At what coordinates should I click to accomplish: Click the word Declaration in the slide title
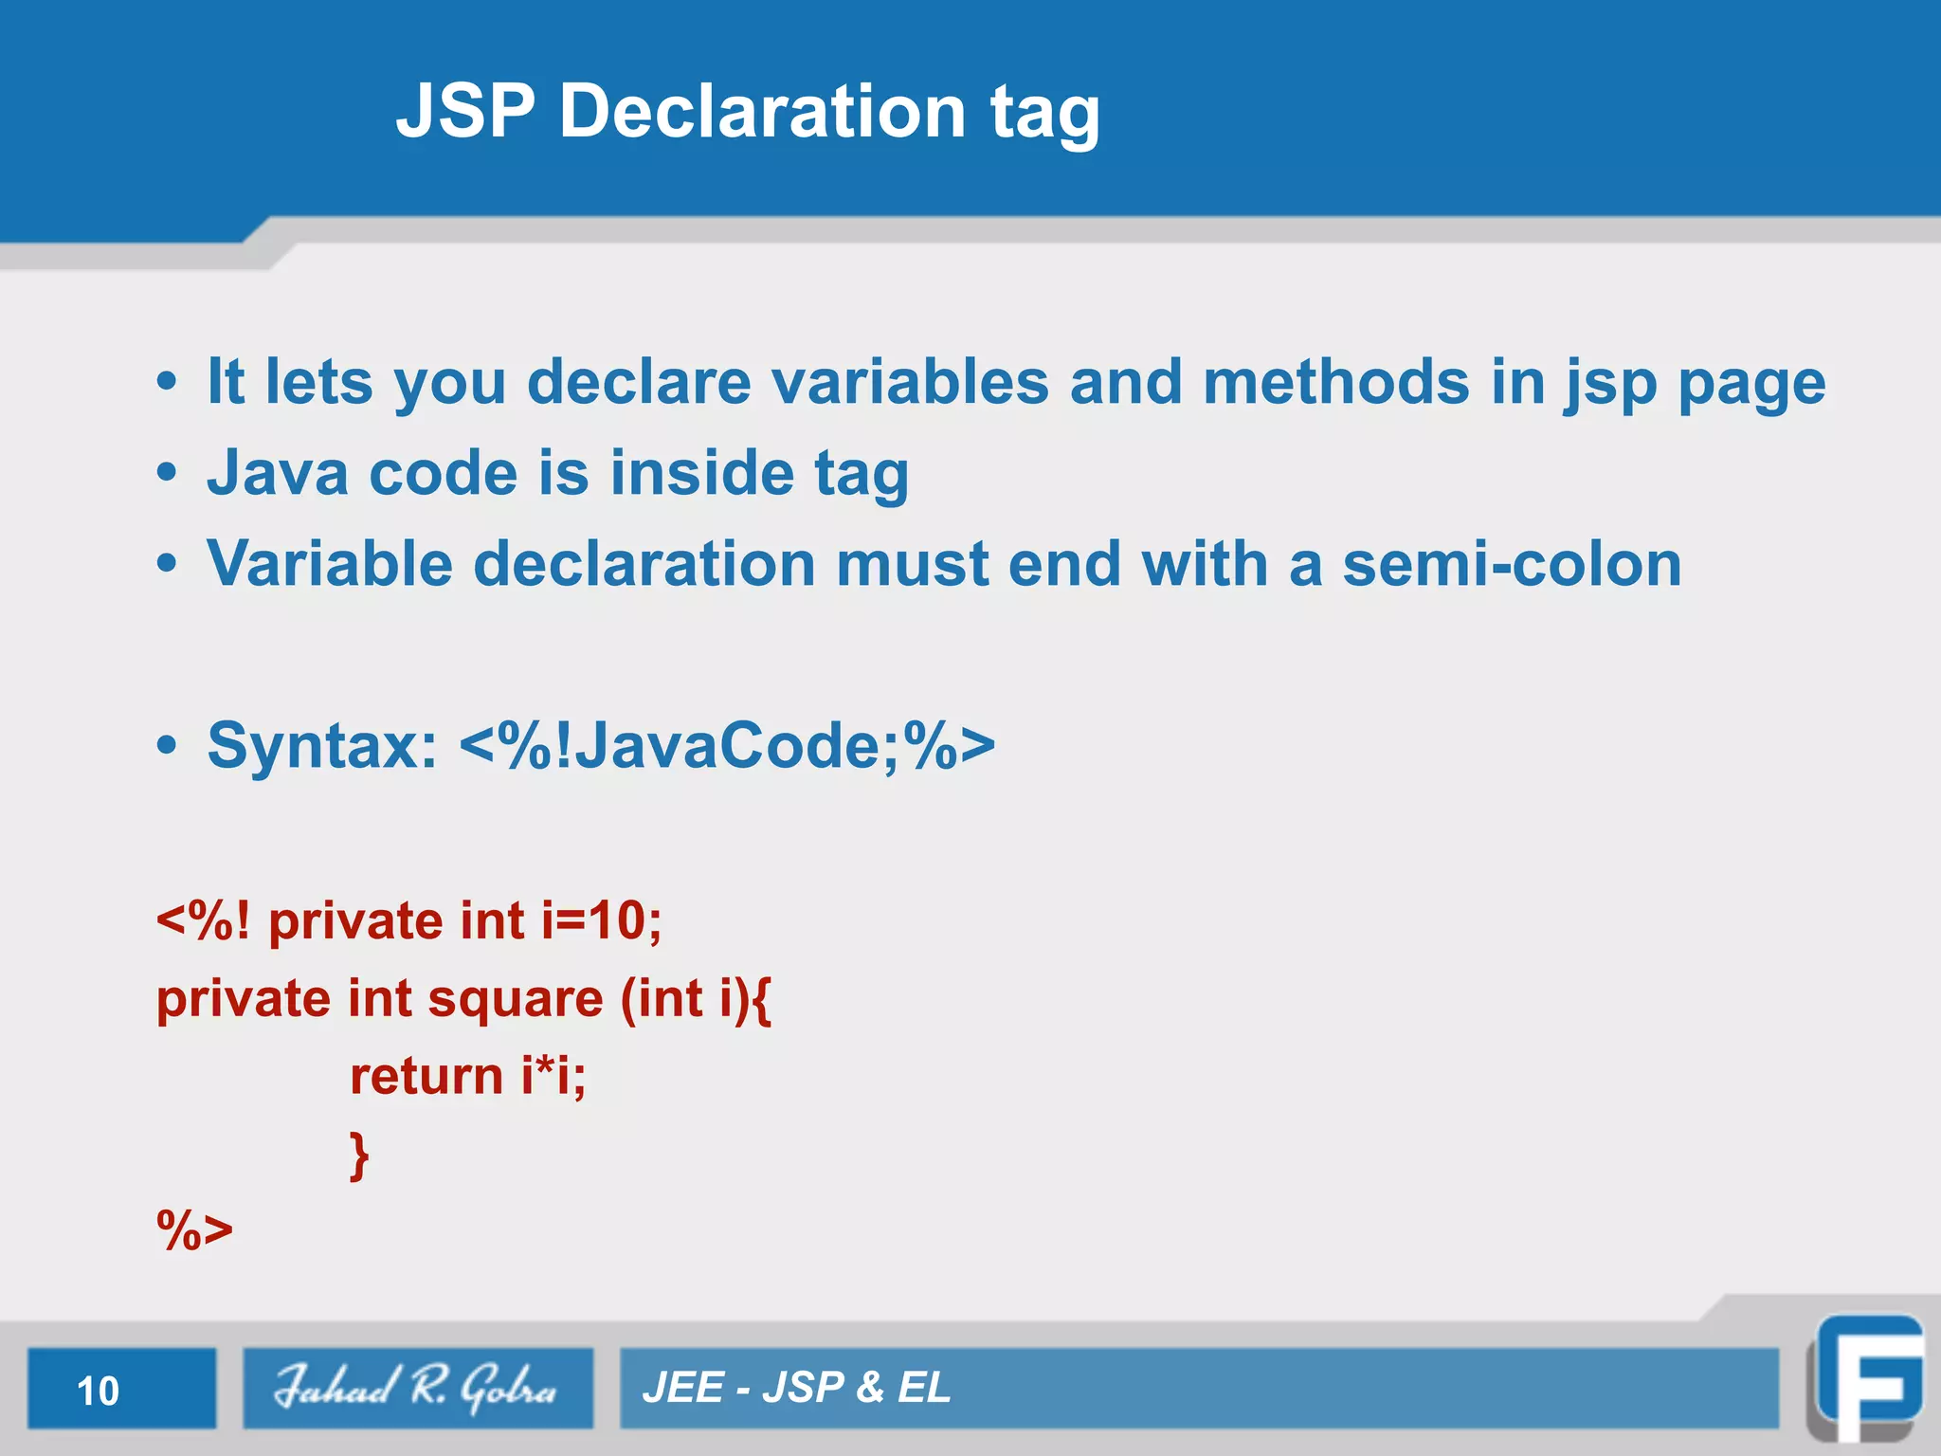point(762,111)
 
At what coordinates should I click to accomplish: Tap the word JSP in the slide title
point(465,111)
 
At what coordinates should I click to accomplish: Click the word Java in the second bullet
point(278,473)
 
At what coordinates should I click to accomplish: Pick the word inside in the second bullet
point(701,473)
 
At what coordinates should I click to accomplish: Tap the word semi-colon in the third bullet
point(1512,564)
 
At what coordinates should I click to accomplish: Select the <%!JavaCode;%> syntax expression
point(727,746)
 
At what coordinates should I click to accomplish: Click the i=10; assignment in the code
point(601,920)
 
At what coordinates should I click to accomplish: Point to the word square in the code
point(516,999)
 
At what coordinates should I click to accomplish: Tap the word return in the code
point(426,1077)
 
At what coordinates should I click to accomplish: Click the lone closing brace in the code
point(359,1155)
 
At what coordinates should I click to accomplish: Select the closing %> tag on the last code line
point(194,1230)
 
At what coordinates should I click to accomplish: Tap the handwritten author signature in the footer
point(417,1388)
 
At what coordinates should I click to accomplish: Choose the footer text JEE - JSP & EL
point(796,1388)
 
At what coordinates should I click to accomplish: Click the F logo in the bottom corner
point(1867,1379)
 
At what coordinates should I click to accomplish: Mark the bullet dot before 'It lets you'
point(167,382)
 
